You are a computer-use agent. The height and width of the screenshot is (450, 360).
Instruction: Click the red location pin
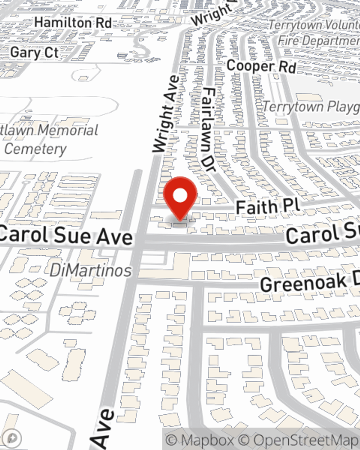pyautogui.click(x=180, y=198)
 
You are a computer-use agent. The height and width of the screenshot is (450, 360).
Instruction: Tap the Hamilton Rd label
pyautogui.click(x=73, y=23)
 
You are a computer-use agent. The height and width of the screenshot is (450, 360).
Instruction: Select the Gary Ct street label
pyautogui.click(x=34, y=53)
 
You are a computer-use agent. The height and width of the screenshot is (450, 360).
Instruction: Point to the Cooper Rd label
pyautogui.click(x=262, y=67)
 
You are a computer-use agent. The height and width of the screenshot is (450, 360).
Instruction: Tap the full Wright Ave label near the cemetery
pyautogui.click(x=166, y=114)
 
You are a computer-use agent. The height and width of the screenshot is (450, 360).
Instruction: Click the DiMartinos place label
pyautogui.click(x=91, y=270)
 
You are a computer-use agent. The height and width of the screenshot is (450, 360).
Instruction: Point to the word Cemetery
pyautogui.click(x=35, y=149)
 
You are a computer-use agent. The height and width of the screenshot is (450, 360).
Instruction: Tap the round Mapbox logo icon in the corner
pyautogui.click(x=12, y=438)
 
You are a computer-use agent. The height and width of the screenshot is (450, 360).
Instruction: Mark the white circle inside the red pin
pyautogui.click(x=180, y=196)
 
